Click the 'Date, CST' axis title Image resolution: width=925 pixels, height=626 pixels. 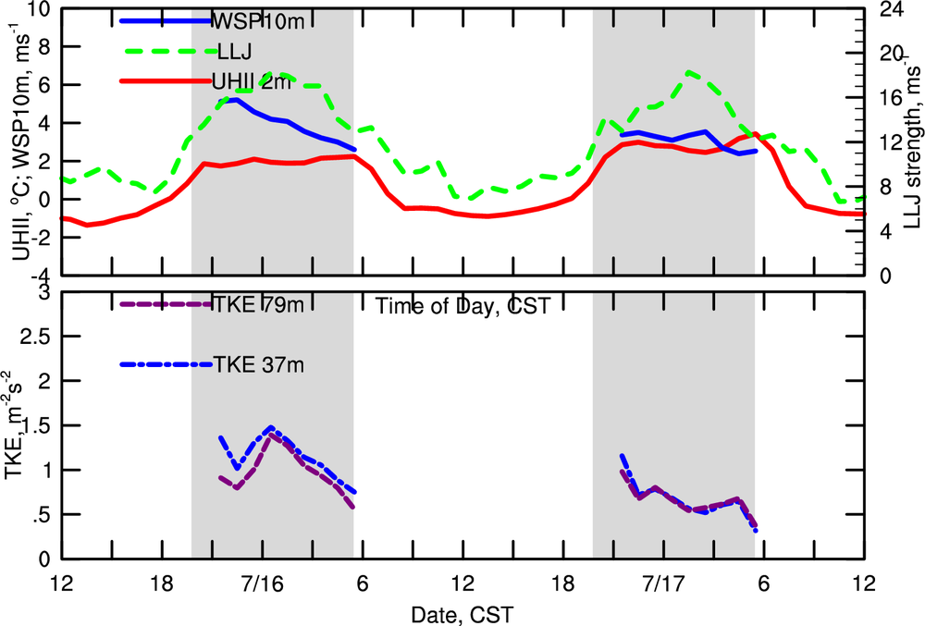[x=462, y=613]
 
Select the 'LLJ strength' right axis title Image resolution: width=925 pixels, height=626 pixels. [x=915, y=139]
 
